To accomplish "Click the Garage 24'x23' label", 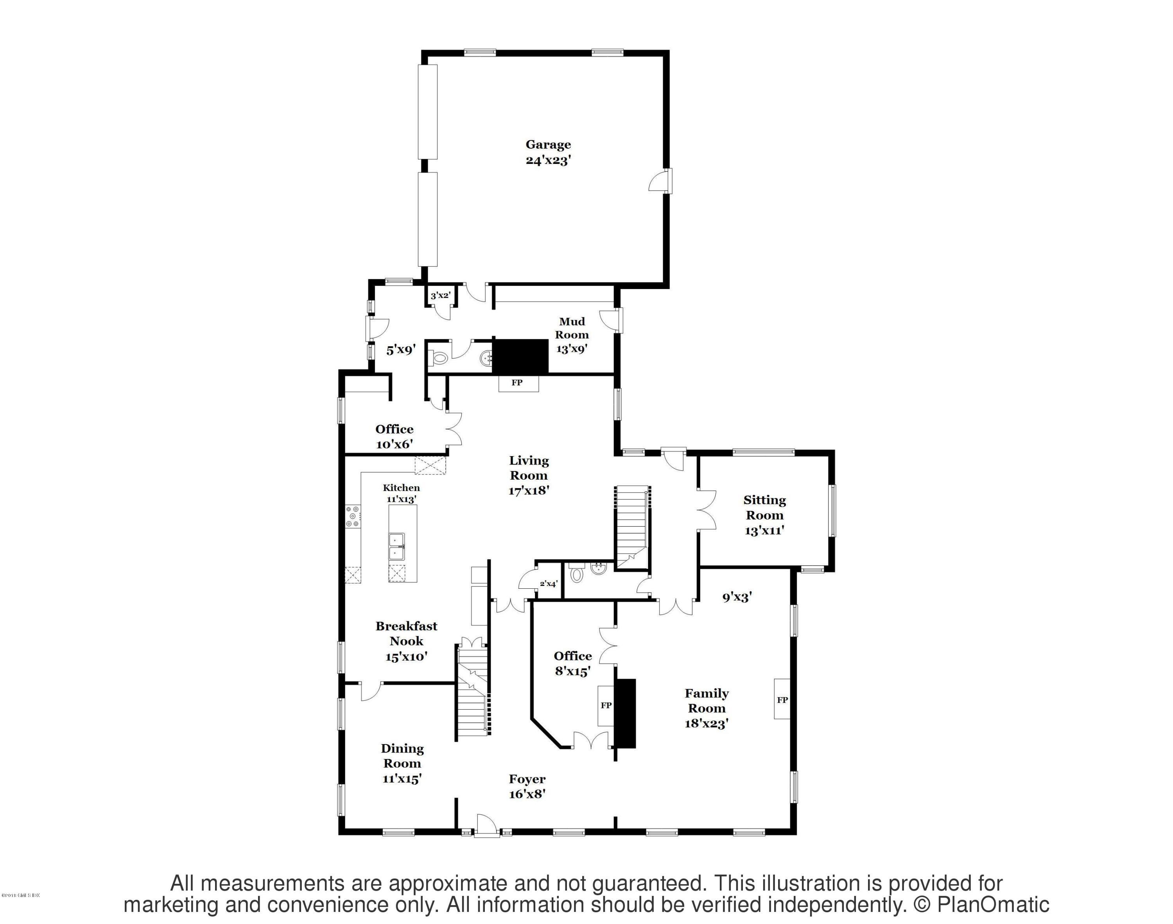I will [x=548, y=152].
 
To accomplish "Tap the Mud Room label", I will [x=572, y=328].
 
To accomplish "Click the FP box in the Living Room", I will [x=518, y=383].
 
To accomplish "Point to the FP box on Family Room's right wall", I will [x=782, y=699].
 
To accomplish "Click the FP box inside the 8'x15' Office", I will [x=606, y=705].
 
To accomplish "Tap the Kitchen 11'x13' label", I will [x=401, y=493].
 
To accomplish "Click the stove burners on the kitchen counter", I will [x=353, y=516].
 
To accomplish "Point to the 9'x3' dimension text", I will [x=737, y=597].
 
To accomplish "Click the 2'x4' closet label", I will [x=548, y=584].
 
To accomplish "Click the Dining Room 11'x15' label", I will [x=402, y=763].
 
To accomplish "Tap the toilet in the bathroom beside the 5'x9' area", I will [x=439, y=358].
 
